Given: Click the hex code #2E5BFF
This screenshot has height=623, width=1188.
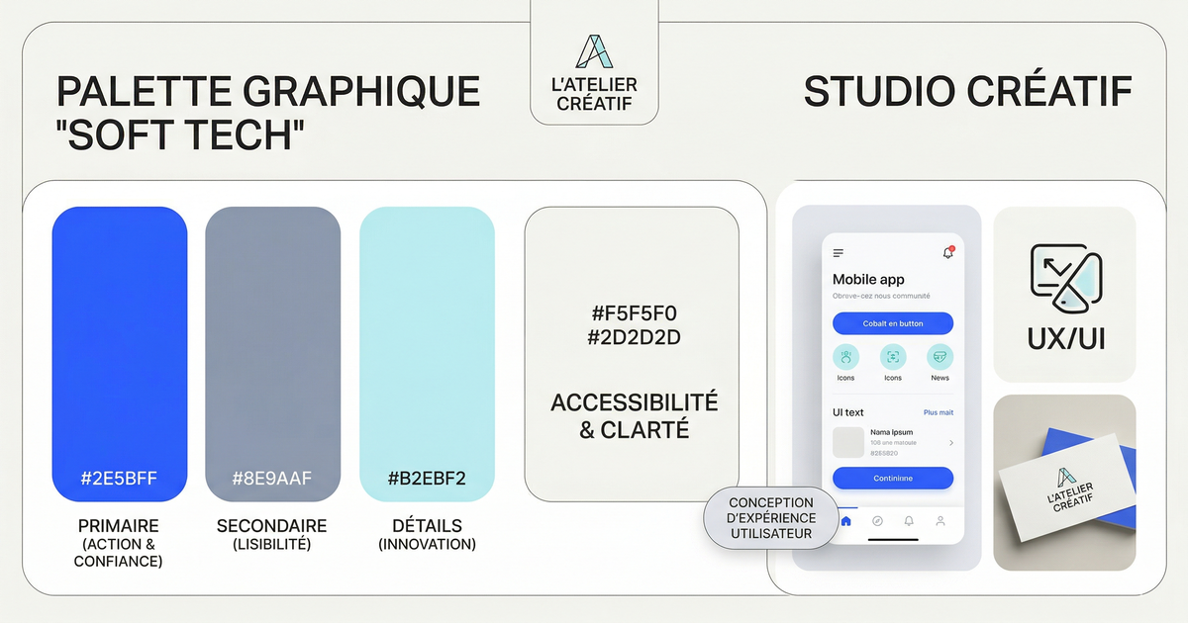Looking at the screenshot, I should (119, 480).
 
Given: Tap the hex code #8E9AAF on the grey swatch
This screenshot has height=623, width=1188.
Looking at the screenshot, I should (272, 480).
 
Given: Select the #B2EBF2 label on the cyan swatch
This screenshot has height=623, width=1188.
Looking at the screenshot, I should (427, 480).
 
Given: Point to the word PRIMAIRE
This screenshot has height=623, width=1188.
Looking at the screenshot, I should (119, 526).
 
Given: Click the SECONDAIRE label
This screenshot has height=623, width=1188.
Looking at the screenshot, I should (271, 526).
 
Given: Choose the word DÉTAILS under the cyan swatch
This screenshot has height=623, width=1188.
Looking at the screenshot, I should (427, 526).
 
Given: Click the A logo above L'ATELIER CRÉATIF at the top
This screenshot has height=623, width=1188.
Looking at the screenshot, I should (594, 52).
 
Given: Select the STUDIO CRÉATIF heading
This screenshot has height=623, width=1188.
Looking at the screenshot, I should (967, 93).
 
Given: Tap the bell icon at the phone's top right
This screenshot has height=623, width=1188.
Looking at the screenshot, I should (947, 253).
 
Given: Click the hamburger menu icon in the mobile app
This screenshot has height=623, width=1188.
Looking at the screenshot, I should (839, 253).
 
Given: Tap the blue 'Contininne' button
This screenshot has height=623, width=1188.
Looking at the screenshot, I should (893, 479).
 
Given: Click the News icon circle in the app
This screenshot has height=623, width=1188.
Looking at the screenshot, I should (940, 357).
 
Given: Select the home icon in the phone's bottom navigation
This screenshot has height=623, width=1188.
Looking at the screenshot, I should (845, 520).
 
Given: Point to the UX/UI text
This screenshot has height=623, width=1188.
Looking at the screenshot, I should (1065, 341).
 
